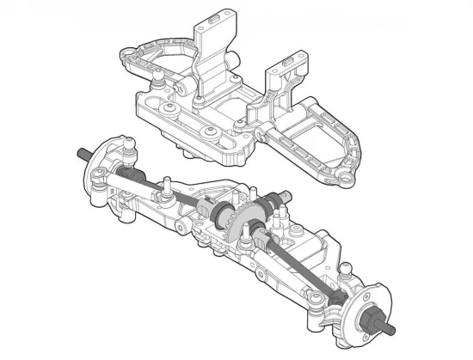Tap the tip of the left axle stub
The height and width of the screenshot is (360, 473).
tap(79, 154)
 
